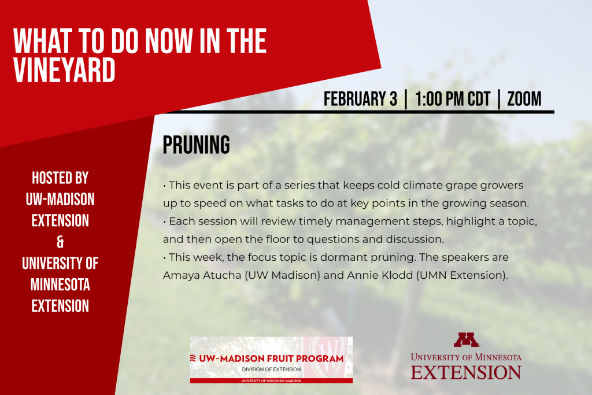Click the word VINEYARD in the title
(64, 70)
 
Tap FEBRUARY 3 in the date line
(360, 99)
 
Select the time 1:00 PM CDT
(452, 99)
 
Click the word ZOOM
(524, 99)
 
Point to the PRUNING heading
(197, 145)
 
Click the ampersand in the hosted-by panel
(60, 242)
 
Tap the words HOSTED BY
(60, 178)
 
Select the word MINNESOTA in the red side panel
(60, 285)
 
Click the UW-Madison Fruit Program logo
(272, 360)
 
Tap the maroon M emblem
(467, 339)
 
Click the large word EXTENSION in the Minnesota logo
(466, 372)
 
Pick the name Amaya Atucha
(202, 275)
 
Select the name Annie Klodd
(380, 275)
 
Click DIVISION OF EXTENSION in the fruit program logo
(272, 370)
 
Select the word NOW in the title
(169, 41)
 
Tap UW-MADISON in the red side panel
(60, 200)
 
